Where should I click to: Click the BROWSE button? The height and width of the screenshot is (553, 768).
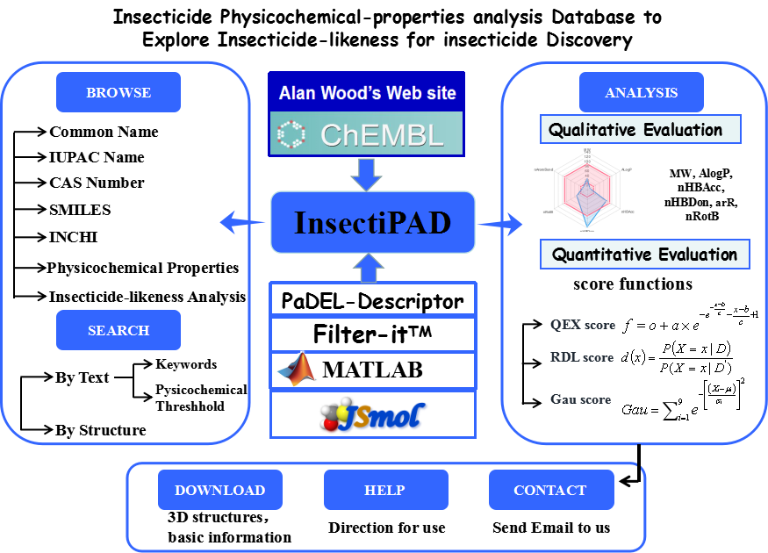click(x=118, y=92)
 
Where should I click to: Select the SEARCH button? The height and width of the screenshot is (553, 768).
click(x=118, y=330)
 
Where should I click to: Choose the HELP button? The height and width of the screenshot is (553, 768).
click(x=385, y=490)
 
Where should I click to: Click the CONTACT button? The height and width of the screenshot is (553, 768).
click(x=550, y=490)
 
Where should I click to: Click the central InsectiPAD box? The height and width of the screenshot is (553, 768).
click(x=372, y=222)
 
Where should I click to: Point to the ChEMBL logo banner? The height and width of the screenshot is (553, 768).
click(x=365, y=133)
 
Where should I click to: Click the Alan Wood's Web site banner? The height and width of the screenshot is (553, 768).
click(x=365, y=92)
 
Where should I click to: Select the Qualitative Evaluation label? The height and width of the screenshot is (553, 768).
click(x=640, y=130)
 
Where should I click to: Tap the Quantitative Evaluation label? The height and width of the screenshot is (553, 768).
click(x=644, y=255)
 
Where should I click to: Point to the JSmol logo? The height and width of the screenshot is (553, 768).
click(x=372, y=416)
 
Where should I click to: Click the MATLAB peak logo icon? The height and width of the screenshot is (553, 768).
click(x=296, y=370)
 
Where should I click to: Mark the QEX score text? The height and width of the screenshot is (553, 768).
click(x=583, y=325)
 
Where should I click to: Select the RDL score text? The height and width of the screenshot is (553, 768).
click(x=582, y=357)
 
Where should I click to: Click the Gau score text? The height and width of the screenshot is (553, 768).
click(x=580, y=399)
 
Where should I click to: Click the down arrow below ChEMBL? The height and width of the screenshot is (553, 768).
click(x=366, y=173)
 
